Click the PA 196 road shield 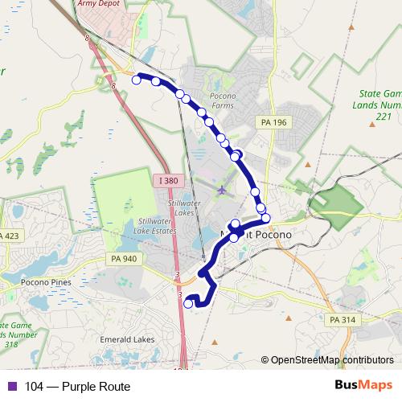(x=273, y=121)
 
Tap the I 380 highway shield (x=168, y=181)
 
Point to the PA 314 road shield (x=339, y=319)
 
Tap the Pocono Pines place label (x=46, y=282)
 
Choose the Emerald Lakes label (x=127, y=339)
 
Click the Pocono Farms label (x=223, y=100)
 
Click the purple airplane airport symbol (x=221, y=191)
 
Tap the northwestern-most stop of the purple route (x=137, y=79)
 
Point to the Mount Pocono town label (x=255, y=234)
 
